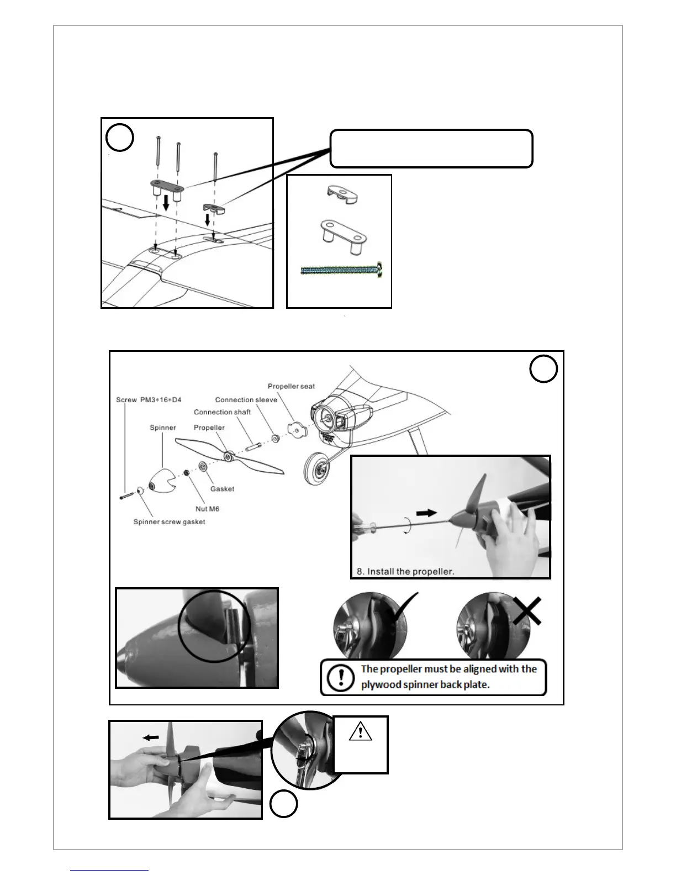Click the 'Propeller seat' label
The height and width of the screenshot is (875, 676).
[x=291, y=386]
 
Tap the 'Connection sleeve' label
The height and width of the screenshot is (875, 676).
[x=246, y=399]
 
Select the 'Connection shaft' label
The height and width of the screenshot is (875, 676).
[x=222, y=412]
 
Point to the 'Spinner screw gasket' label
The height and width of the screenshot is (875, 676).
[x=169, y=521]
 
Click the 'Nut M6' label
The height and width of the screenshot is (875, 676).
[x=207, y=509]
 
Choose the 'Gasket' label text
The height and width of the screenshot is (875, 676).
[x=222, y=489]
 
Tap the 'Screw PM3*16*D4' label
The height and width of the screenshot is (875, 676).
[x=149, y=399]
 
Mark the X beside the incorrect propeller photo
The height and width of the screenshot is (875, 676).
[x=526, y=611]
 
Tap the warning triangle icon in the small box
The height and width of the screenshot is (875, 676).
[x=360, y=732]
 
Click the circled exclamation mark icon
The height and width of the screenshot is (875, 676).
[x=337, y=677]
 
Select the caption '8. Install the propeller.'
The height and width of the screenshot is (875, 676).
[x=405, y=571]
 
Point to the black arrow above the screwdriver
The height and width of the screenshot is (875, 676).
[x=426, y=513]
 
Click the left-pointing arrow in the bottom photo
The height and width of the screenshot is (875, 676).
[x=149, y=737]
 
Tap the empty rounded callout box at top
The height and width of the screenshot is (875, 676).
[x=431, y=149]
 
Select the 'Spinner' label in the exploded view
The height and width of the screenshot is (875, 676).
[x=163, y=428]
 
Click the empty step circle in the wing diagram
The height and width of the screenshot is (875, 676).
[x=120, y=138]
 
